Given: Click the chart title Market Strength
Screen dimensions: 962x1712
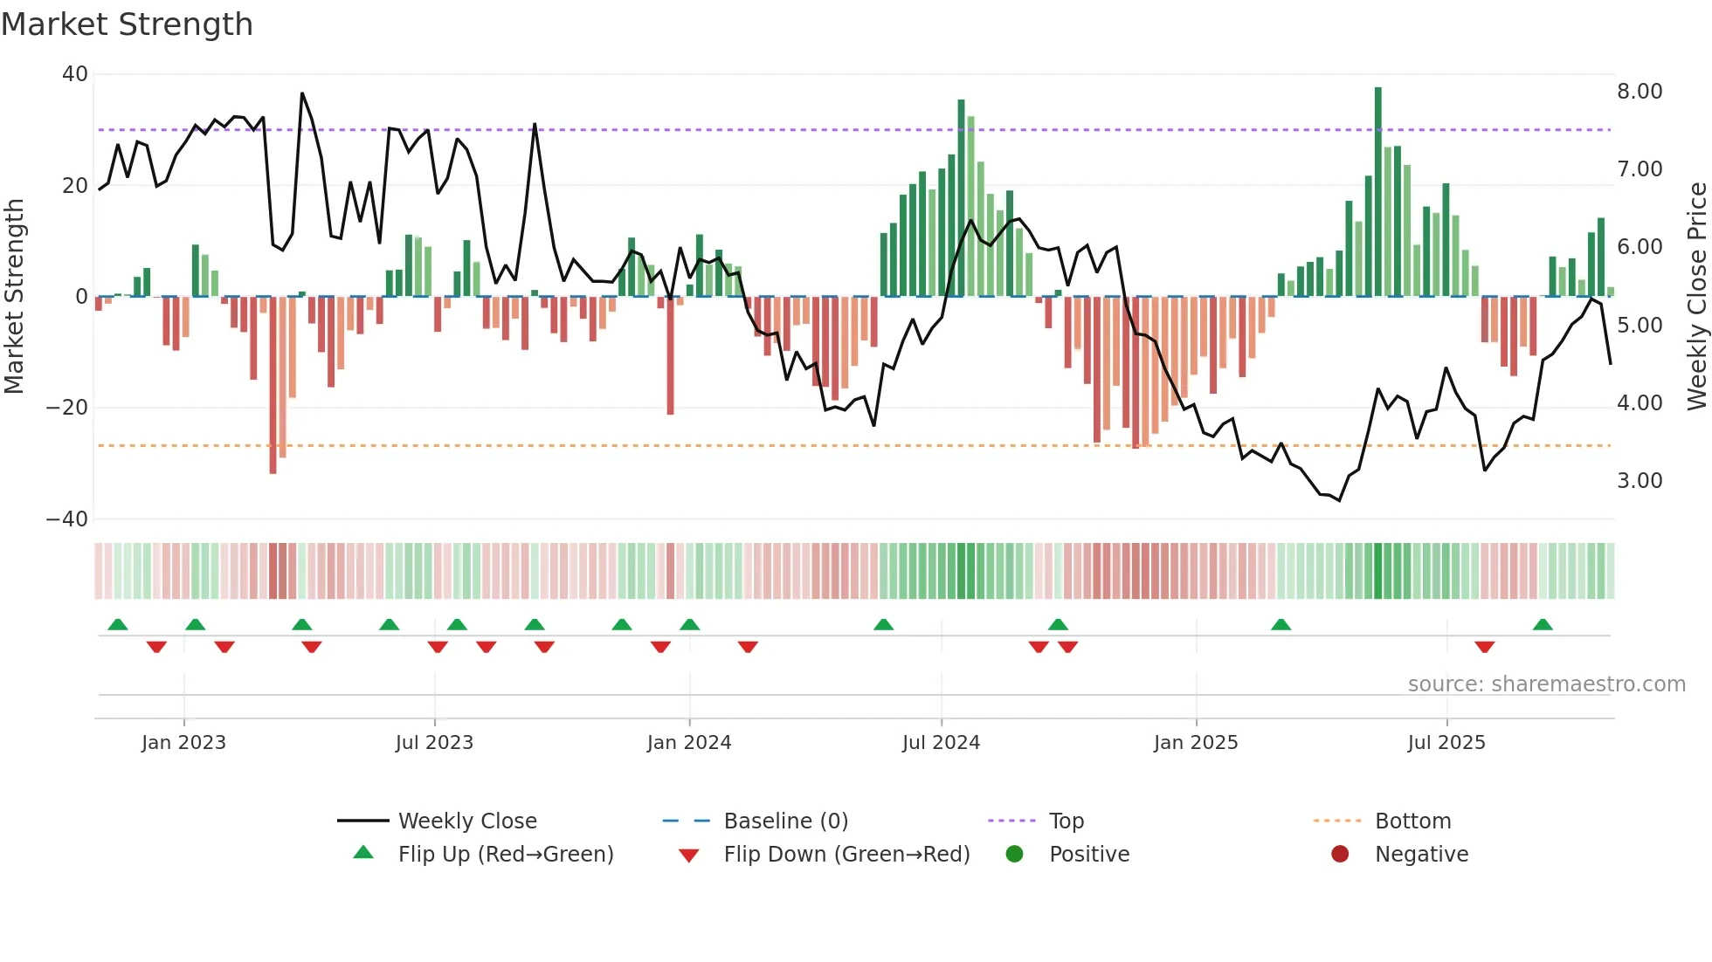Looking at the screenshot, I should [127, 24].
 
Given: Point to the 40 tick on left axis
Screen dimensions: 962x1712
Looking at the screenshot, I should [75, 74].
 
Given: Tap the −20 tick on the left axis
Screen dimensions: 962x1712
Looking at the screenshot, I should [67, 408].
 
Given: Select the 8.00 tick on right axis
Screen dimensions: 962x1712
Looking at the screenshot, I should [1640, 92].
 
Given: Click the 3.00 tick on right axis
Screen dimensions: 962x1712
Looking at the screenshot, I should [1640, 481].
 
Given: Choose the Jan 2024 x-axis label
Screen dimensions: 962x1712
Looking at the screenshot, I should [688, 743].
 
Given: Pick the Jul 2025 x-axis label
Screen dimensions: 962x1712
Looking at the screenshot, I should [1446, 743].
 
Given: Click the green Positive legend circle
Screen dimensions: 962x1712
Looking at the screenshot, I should [1014, 854].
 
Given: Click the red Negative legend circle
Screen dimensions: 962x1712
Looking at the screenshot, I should [1340, 854].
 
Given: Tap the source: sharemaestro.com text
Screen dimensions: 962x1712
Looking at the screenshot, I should [1546, 684].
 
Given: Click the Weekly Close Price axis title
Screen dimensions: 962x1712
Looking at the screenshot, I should [1696, 297].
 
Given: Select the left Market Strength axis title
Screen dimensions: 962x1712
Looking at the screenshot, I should [14, 297].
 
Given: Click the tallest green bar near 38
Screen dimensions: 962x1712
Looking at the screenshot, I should [1378, 192].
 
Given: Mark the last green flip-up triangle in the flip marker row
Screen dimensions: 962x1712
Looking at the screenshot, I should [1543, 625].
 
